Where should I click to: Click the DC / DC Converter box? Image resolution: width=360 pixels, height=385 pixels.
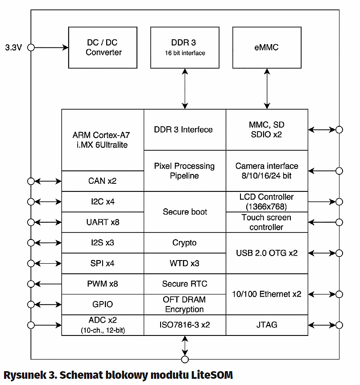(x=103, y=47)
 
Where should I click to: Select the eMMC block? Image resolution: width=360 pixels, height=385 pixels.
(x=267, y=47)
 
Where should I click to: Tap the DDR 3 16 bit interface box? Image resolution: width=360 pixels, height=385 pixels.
(x=185, y=47)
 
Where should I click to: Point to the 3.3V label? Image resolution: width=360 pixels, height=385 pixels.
(x=13, y=47)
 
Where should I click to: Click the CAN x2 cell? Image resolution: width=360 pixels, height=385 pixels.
(x=103, y=181)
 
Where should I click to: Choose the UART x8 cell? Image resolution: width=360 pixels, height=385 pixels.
(x=103, y=222)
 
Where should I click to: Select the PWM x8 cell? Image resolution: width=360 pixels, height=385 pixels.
(x=103, y=284)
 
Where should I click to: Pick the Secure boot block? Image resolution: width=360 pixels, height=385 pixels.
(x=185, y=212)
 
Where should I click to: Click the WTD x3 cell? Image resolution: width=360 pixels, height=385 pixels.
(x=185, y=263)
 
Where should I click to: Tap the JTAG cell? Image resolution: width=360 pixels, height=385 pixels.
(x=267, y=325)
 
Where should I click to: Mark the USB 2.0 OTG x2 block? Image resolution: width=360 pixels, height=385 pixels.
(x=267, y=253)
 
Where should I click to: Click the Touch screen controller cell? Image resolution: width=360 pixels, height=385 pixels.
(x=267, y=222)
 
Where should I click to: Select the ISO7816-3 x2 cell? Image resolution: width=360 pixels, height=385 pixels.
(x=185, y=325)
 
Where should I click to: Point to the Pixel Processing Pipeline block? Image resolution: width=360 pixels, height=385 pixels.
(x=185, y=171)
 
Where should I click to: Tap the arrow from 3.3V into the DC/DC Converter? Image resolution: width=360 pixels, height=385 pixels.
(x=49, y=47)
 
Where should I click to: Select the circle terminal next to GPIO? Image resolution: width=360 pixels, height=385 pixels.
(x=31, y=304)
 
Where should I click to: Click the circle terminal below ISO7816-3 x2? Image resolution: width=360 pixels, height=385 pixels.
(x=185, y=359)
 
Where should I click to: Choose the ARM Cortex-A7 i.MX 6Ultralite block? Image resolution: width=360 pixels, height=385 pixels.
(x=103, y=139)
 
